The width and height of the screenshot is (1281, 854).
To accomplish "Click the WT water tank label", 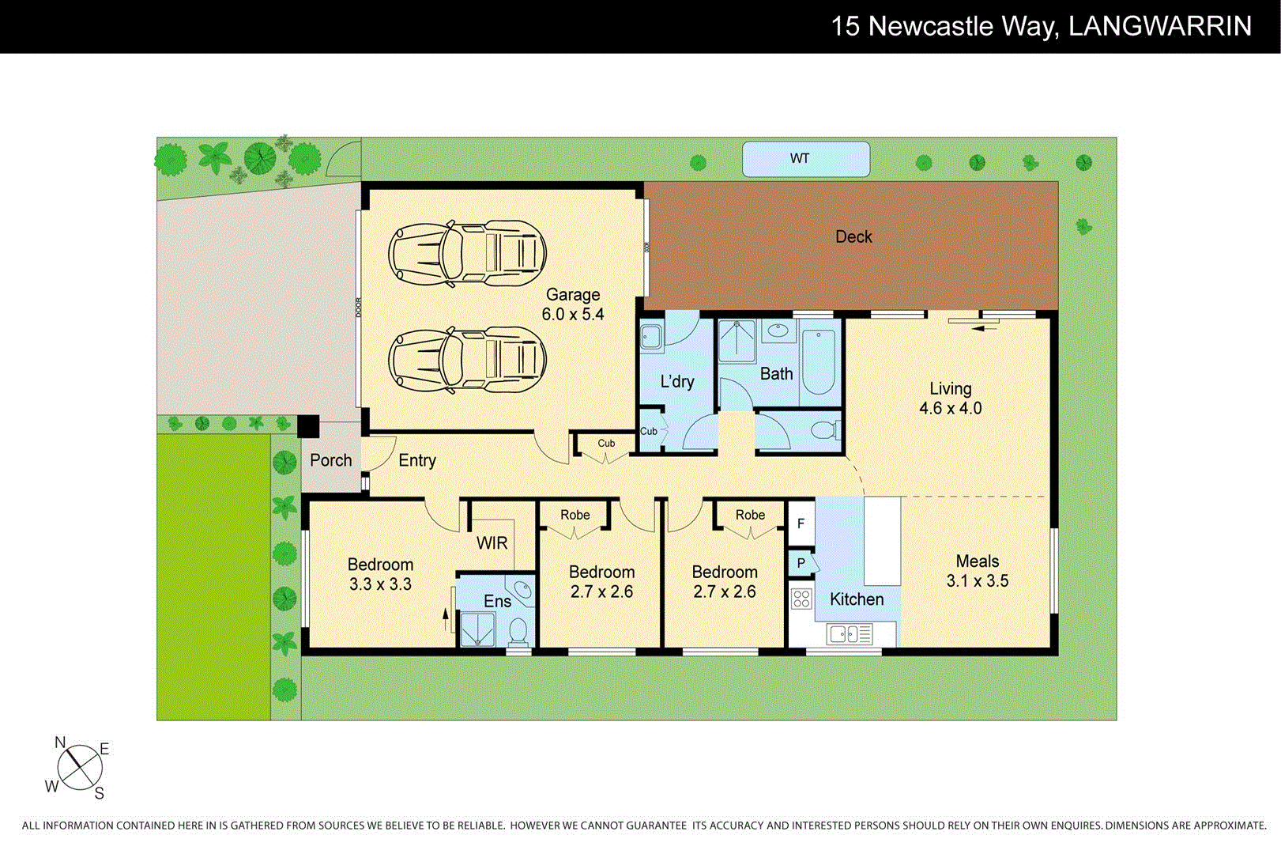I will click(800, 158).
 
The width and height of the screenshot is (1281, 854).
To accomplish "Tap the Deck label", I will click(853, 236).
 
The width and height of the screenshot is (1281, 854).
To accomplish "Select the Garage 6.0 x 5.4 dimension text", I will click(573, 314).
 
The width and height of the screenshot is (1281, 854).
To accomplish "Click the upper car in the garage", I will click(467, 253).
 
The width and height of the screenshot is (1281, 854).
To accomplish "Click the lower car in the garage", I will click(467, 360).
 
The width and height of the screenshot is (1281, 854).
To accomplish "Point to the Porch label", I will click(330, 460).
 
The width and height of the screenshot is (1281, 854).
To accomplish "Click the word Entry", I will click(416, 460).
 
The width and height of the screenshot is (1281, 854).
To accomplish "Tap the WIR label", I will click(492, 543).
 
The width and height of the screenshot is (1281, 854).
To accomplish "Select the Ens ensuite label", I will click(497, 601).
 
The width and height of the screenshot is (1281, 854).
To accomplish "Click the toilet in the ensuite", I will click(518, 633).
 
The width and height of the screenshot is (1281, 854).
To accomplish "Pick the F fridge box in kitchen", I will click(801, 523).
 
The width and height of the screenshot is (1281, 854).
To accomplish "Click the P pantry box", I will click(801, 563).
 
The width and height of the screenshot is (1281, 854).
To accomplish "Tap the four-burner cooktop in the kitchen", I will click(801, 599).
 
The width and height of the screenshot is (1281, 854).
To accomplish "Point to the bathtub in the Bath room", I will click(819, 361).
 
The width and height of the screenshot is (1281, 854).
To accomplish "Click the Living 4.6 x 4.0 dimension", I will click(950, 408).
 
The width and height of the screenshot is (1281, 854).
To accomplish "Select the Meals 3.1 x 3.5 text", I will click(978, 580).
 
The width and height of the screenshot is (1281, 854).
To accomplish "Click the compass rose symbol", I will click(79, 767).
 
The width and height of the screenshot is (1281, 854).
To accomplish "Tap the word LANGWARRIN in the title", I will click(1159, 26).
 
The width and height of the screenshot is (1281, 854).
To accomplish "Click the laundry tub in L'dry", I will click(651, 337).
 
